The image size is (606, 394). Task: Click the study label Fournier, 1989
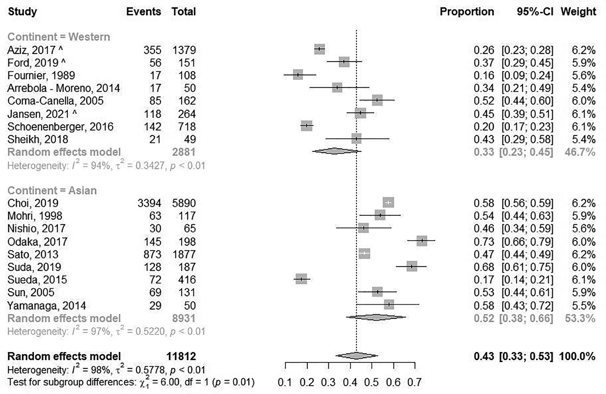point(41,75)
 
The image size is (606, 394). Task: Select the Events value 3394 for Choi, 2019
point(149,203)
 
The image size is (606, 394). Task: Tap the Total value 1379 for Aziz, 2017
point(184,50)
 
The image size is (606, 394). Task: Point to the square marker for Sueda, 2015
point(301,279)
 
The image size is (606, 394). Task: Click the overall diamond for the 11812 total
point(356,356)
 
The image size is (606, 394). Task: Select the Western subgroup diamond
point(335,151)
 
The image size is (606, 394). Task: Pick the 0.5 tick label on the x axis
point(372,382)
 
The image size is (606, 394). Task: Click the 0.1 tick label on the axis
point(285,382)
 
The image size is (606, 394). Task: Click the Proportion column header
point(466,11)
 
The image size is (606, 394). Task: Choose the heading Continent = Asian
point(52,190)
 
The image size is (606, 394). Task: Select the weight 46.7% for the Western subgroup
point(580,152)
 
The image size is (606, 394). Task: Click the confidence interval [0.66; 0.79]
point(527,241)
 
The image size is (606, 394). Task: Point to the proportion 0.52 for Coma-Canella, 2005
point(484,101)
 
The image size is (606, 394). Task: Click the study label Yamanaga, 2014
point(46,306)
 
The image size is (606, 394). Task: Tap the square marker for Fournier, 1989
point(298,75)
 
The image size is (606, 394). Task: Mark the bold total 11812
point(181,356)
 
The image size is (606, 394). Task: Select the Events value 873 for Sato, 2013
point(152,254)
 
